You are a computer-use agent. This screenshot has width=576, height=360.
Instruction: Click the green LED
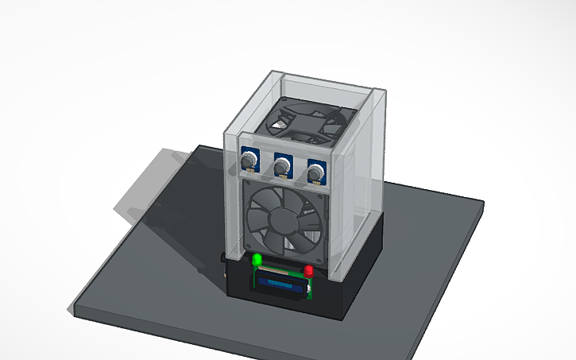(257, 260)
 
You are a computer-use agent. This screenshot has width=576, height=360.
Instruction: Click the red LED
(309, 272)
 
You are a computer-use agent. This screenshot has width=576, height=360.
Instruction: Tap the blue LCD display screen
(280, 283)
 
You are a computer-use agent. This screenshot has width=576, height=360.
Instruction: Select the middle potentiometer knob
(282, 166)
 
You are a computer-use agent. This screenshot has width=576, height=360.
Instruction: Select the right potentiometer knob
(315, 173)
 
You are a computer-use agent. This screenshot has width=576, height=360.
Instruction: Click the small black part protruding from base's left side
(222, 259)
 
